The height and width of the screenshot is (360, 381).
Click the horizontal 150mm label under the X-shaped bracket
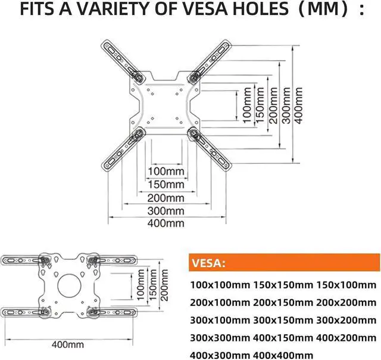point(166,185)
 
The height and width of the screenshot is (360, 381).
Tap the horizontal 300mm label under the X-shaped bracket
point(166,211)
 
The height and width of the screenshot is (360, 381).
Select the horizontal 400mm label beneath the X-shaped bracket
point(166,224)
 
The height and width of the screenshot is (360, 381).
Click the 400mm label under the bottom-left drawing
point(67,345)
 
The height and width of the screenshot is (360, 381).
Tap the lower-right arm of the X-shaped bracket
point(212,149)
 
